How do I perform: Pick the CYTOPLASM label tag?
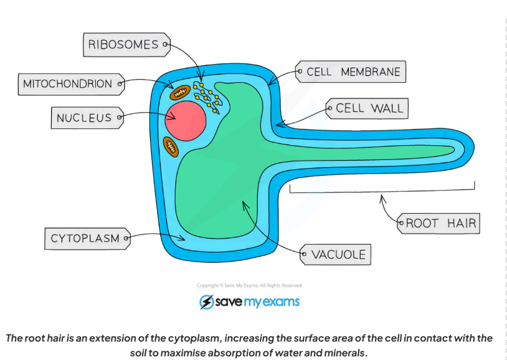click(x=86, y=238)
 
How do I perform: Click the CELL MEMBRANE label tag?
click(x=351, y=72)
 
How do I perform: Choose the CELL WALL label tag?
click(x=368, y=108)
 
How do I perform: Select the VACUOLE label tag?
click(x=337, y=254)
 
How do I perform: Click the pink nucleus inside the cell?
click(x=186, y=120)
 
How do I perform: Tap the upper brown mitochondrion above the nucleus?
click(x=180, y=92)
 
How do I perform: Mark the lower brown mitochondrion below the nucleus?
click(x=171, y=147)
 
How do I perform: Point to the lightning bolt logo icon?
click(x=206, y=302)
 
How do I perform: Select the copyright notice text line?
click(x=249, y=286)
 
